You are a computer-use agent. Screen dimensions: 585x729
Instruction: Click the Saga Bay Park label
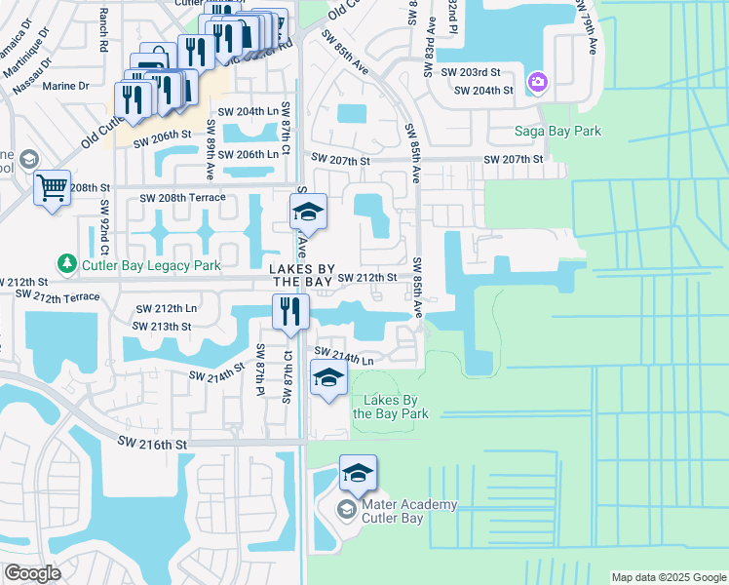point(558,131)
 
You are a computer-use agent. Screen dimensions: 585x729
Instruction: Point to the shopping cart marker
point(52,186)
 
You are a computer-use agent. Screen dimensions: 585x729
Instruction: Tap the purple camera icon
point(537,81)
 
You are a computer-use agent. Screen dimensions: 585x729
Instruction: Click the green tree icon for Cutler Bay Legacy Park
point(66,263)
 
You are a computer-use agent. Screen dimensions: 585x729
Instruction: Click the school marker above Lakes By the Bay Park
point(328,377)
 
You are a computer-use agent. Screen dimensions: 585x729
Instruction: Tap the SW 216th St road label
point(151,444)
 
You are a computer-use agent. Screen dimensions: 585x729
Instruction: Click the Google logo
point(33,573)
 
